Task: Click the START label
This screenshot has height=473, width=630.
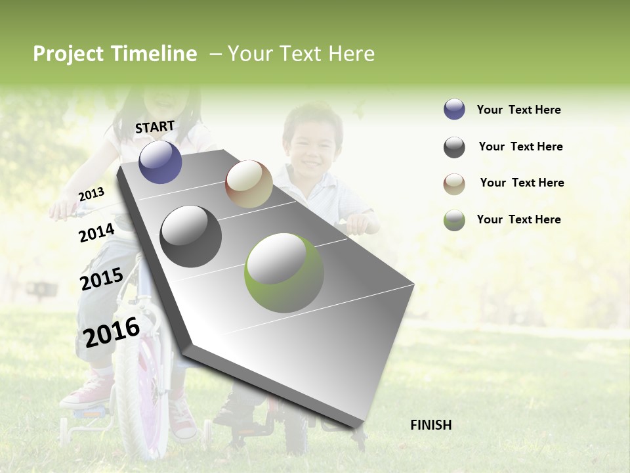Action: pyautogui.click(x=155, y=127)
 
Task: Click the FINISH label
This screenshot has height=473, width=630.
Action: pyautogui.click(x=431, y=425)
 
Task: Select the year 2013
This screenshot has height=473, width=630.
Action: pyautogui.click(x=91, y=194)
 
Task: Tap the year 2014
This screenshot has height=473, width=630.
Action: pyautogui.click(x=96, y=233)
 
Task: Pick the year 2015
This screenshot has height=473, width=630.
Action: pyautogui.click(x=101, y=280)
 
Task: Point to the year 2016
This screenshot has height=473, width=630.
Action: pyautogui.click(x=112, y=332)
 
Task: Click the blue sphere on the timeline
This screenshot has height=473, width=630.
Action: pyautogui.click(x=160, y=162)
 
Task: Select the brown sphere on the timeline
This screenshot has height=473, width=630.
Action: pyautogui.click(x=249, y=184)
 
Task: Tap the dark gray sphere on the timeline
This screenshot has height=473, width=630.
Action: pyautogui.click(x=191, y=236)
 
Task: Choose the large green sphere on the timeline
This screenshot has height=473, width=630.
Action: pyautogui.click(x=284, y=273)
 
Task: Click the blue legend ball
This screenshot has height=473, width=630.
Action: pyautogui.click(x=454, y=110)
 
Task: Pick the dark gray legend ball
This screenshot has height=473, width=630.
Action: pyautogui.click(x=454, y=147)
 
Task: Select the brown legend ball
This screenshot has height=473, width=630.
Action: pyautogui.click(x=454, y=183)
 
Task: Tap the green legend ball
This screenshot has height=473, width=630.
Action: pyautogui.click(x=454, y=220)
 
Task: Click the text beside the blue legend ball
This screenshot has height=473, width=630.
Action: pyautogui.click(x=518, y=110)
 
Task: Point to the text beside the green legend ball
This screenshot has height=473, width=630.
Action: pyautogui.click(x=518, y=219)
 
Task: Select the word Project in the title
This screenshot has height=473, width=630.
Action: pyautogui.click(x=68, y=54)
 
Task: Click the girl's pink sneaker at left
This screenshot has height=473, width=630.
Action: pyautogui.click(x=87, y=392)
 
